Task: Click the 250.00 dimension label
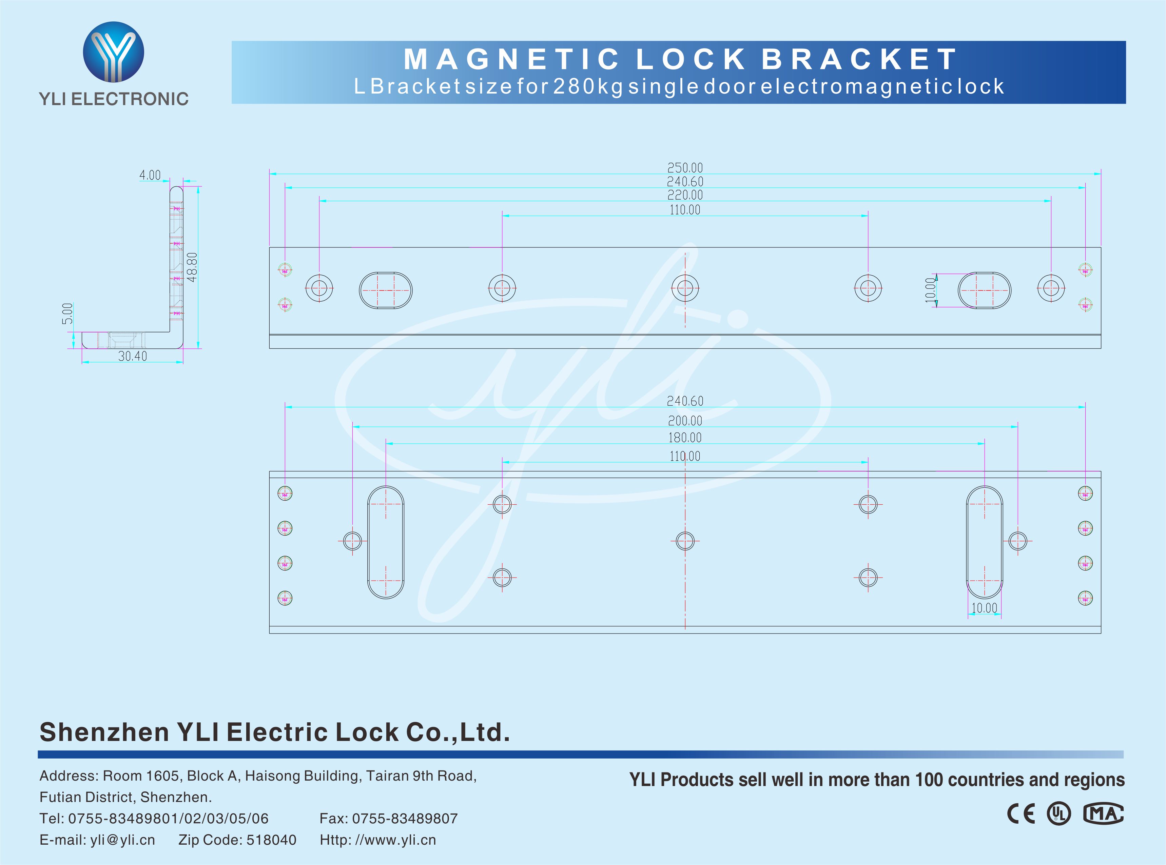tap(685, 167)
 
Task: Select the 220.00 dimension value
tap(685, 195)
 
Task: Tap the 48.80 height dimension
tap(192, 267)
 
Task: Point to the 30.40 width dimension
tap(133, 356)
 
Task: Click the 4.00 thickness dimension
tap(150, 175)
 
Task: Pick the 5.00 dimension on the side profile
tap(67, 313)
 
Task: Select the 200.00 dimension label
tap(685, 420)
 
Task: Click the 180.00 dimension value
tap(685, 438)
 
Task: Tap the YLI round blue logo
tap(113, 52)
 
